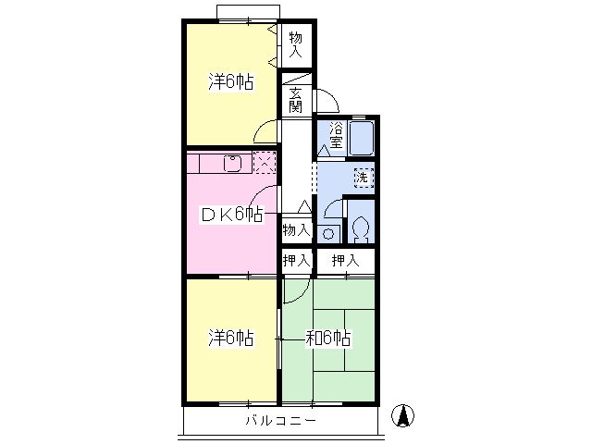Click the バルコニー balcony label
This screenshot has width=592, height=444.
tap(280, 420)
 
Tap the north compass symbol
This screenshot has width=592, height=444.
tap(402, 415)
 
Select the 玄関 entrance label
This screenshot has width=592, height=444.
tap(296, 100)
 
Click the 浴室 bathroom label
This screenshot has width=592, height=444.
tap(336, 135)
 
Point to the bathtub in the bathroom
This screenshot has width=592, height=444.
tap(362, 138)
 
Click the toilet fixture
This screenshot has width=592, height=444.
tap(362, 228)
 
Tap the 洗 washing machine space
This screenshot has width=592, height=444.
tap(364, 178)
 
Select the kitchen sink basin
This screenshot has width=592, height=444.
tap(233, 163)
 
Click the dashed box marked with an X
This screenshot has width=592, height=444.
tap(265, 163)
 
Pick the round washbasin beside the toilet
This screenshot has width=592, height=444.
tap(328, 234)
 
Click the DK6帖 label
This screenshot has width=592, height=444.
tap(231, 215)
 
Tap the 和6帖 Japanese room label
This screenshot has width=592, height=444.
tap(328, 338)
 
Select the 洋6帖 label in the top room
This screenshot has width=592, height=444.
tap(230, 81)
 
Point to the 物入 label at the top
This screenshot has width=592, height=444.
tap(296, 44)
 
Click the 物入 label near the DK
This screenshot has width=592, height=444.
tap(297, 229)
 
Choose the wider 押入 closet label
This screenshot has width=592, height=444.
tap(345, 260)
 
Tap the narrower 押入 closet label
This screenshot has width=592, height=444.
tap(297, 260)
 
